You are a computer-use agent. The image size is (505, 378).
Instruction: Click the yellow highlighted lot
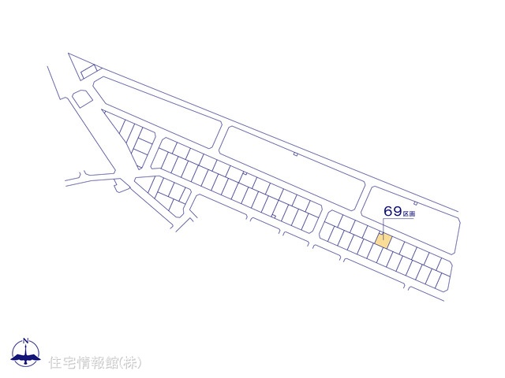point(383,240)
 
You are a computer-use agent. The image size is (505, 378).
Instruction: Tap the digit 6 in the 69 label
point(388,212)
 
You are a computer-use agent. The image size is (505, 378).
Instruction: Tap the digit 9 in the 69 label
point(397,212)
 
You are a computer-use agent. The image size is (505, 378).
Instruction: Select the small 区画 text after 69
point(409,213)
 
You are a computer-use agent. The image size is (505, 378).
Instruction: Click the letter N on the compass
point(26,340)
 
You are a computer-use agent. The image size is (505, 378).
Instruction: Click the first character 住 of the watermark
point(55,363)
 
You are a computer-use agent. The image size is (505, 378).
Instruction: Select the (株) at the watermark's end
point(130,363)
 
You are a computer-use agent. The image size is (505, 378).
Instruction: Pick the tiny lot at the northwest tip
point(88,72)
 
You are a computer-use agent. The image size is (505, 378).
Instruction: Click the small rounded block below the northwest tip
point(81,98)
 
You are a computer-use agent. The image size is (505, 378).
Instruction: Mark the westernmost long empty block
point(158,110)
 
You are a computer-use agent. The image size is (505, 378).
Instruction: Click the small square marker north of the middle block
point(295,154)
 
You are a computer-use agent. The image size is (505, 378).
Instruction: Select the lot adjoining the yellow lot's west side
point(372,237)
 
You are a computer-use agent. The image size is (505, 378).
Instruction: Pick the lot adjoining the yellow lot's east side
point(394,245)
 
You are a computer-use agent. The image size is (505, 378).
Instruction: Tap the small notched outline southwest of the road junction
point(120,186)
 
